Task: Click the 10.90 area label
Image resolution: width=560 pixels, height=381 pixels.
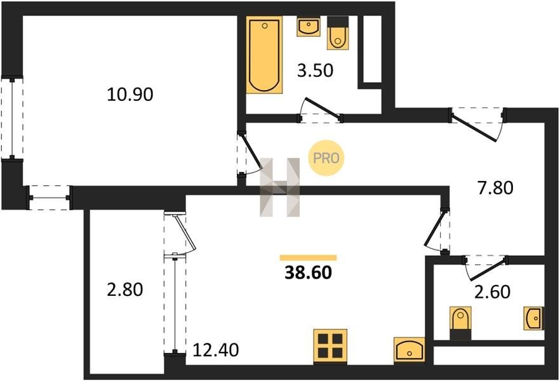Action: tap(130, 95)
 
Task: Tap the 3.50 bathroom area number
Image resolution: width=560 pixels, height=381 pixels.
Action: tap(316, 70)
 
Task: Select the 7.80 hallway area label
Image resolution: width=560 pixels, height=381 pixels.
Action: tap(495, 188)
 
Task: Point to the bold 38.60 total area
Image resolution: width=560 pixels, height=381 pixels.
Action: tap(308, 273)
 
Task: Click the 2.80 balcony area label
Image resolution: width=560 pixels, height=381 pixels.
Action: tap(125, 289)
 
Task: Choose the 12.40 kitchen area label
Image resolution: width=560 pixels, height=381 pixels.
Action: tap(216, 350)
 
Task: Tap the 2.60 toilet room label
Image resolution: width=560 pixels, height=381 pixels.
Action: tap(493, 291)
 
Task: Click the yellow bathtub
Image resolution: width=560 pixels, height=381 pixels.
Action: tap(264, 55)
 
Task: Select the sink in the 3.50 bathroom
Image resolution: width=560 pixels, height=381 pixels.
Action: tap(308, 26)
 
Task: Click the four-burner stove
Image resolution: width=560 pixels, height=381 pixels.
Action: tap(330, 346)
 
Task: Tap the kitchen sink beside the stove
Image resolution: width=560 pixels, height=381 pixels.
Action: tap(410, 350)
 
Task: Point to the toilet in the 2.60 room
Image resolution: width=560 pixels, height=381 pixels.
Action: tap(460, 323)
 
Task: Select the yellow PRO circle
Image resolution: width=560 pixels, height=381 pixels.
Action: tap(326, 158)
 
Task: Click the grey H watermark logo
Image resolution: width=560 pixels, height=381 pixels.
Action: tap(279, 187)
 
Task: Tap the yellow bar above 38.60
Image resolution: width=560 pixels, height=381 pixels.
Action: tap(308, 258)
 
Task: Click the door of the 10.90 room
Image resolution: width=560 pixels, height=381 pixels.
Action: tap(250, 154)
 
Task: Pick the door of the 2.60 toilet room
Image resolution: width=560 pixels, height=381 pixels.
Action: tap(486, 268)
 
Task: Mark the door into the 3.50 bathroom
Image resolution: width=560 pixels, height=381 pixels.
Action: tap(321, 109)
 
